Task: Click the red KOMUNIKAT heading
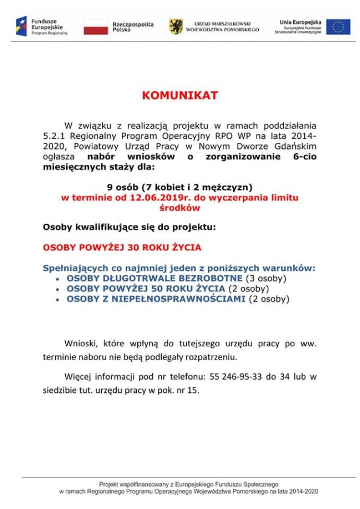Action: pyautogui.click(x=180, y=96)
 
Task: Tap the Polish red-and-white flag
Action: pyautogui.click(x=96, y=27)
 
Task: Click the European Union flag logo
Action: pyautogui.click(x=338, y=27)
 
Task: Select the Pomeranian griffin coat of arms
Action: pyautogui.click(x=176, y=26)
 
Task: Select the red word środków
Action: pyautogui.click(x=180, y=208)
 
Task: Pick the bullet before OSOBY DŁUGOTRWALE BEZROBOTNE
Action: pyautogui.click(x=58, y=279)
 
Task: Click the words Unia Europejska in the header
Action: pyautogui.click(x=300, y=22)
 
